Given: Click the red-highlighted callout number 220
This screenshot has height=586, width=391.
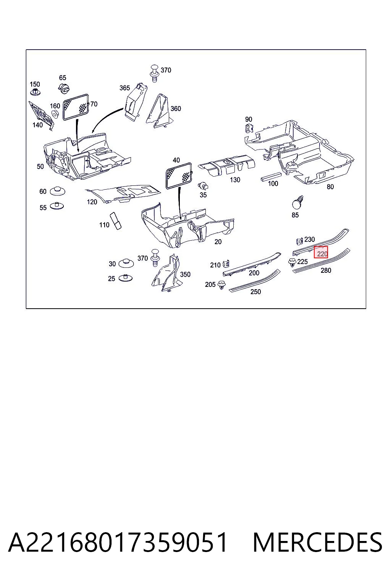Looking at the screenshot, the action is tap(322, 254).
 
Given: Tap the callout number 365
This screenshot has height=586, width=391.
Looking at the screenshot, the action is tap(124, 88).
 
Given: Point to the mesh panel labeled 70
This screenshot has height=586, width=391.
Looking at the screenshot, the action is tap(76, 107).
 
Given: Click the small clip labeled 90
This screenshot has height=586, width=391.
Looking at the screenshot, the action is tap(249, 128).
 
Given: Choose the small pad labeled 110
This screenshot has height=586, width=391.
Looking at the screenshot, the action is tap(116, 221).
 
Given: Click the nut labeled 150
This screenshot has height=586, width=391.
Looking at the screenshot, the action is tap(35, 92).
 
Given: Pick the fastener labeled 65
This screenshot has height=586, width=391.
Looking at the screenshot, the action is tap(64, 88).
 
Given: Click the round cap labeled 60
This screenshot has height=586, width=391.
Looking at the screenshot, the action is tap(57, 191).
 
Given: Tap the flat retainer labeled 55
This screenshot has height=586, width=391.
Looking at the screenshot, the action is tap(56, 206).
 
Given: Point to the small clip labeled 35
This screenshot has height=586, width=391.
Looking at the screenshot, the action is tap(204, 186).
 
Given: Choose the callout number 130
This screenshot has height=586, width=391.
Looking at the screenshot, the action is tap(235, 180).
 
